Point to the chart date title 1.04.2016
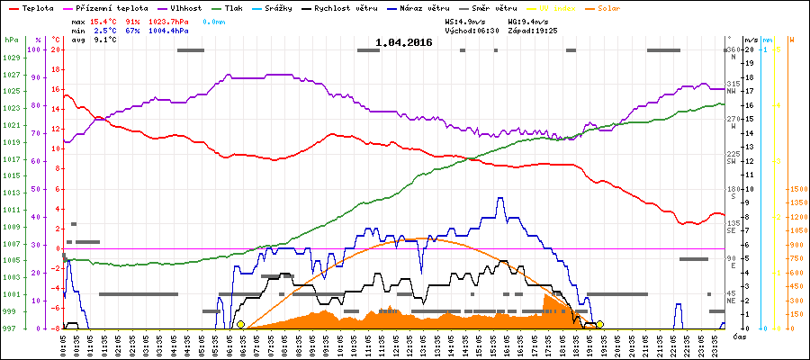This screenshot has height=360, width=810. tap(404, 41)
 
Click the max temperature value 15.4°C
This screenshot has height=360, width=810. tap(104, 21)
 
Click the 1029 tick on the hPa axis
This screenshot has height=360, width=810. tap(10, 58)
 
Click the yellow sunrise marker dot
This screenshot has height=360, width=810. tap(240, 324)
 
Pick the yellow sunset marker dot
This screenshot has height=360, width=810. tap(599, 324)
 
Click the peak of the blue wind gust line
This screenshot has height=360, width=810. tap(500, 198)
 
